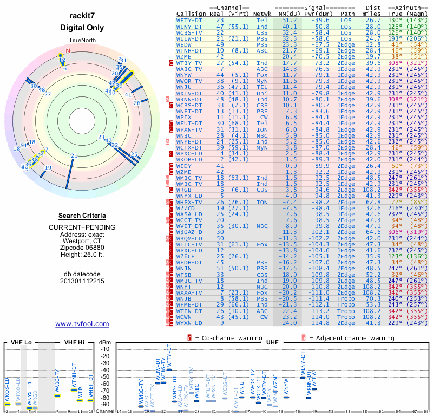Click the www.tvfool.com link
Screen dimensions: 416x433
[x=82, y=324]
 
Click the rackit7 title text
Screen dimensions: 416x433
[x=82, y=16]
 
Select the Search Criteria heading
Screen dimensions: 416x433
[x=82, y=216]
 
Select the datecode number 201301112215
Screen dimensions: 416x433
[x=82, y=281]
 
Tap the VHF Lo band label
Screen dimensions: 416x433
[x=21, y=342]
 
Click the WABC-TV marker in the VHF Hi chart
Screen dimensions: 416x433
[x=57, y=395]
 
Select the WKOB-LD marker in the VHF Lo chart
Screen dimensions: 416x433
[x=7, y=404]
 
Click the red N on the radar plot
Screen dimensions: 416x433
[x=68, y=51]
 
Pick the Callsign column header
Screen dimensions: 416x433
[x=191, y=14]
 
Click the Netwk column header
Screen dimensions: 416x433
[x=262, y=14]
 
